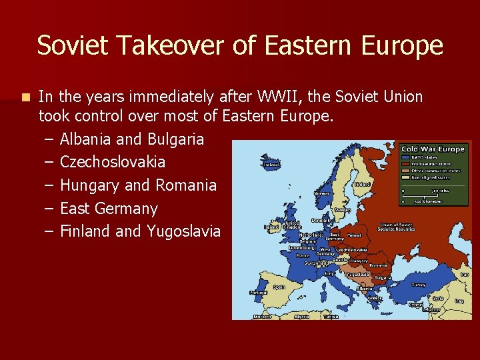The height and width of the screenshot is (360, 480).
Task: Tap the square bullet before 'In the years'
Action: tap(25, 97)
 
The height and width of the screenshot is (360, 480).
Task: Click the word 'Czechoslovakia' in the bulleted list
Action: tap(113, 162)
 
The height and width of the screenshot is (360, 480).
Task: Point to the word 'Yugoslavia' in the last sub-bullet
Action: tap(183, 231)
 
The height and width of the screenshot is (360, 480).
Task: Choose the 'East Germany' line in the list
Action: tap(109, 209)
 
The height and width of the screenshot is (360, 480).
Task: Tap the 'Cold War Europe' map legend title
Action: tap(433, 149)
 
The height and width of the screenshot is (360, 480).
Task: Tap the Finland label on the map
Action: tap(363, 184)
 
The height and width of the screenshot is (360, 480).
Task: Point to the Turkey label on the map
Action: tap(417, 285)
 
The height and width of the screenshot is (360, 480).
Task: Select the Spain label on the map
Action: tap(278, 287)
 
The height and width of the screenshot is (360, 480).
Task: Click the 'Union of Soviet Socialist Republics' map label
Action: tap(397, 227)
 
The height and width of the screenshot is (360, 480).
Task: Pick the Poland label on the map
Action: tap(353, 235)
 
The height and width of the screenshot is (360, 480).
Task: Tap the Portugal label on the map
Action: tap(258, 292)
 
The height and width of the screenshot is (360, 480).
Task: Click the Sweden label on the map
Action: tap(341, 209)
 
